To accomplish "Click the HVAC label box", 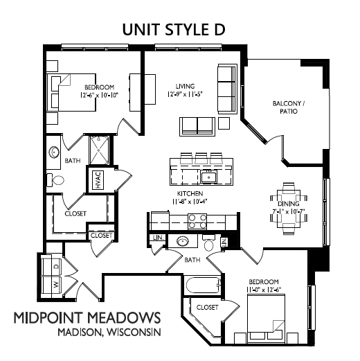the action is [x=98, y=180].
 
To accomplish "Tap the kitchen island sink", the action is [x=208, y=177].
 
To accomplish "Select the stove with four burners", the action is [x=197, y=222].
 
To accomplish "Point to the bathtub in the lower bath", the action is [x=203, y=285].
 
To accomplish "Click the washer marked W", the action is [x=51, y=285].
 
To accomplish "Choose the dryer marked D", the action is [x=51, y=267].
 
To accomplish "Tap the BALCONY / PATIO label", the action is [x=289, y=107].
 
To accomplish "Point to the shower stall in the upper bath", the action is [x=99, y=150].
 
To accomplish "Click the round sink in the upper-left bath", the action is [x=54, y=152].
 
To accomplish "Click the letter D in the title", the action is [x=220, y=30].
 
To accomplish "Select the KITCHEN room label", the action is [x=190, y=193].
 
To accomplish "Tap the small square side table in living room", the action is [x=224, y=123].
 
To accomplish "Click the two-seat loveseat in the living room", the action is [x=197, y=127].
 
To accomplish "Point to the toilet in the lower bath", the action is [x=209, y=243].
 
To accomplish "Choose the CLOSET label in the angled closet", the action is [x=207, y=307].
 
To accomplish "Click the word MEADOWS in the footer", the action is [x=125, y=317].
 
